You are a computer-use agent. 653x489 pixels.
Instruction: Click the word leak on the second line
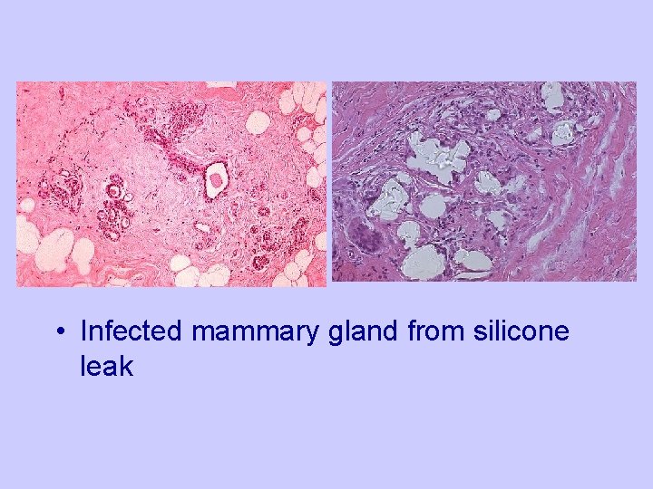(107, 366)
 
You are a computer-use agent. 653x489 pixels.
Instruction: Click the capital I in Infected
(83, 332)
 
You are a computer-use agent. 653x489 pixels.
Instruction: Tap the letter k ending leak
(127, 366)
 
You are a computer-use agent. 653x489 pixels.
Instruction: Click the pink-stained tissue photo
(171, 184)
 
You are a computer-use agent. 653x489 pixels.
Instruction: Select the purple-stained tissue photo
(483, 181)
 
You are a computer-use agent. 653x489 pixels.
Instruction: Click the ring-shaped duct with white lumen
(217, 180)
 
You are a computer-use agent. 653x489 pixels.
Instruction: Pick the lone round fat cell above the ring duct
(258, 120)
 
